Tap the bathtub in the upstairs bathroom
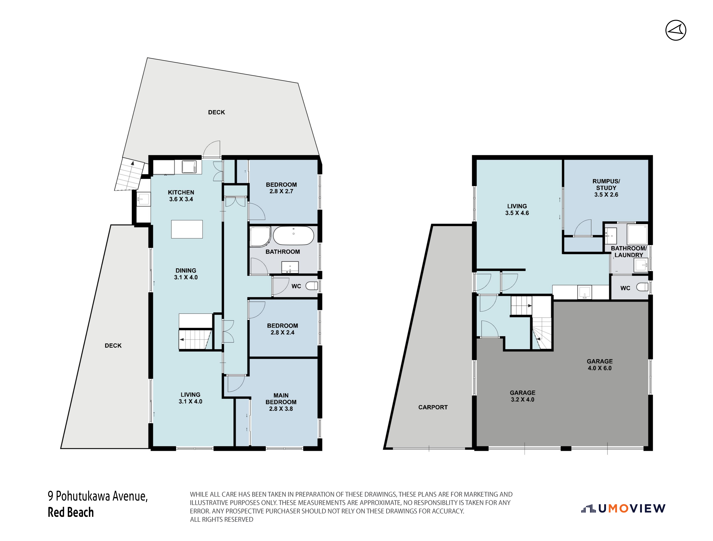coord(293,235)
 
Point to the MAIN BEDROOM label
coord(281,402)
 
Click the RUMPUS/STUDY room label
coord(606,188)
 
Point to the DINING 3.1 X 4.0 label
coord(186,274)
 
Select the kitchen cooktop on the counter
coord(189,167)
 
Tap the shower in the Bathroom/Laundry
coord(637,234)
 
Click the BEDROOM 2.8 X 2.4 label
coord(282,329)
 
